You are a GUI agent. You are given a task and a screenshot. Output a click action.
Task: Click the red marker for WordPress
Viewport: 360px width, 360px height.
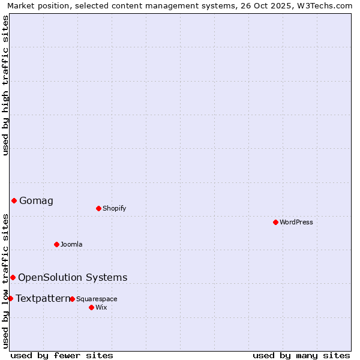(275, 222)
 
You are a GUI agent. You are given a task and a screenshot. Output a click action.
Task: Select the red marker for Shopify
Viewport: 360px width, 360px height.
(98, 208)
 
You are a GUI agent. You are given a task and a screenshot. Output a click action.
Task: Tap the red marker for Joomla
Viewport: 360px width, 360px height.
(56, 244)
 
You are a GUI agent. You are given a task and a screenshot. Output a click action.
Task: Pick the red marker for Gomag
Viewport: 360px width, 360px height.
(14, 200)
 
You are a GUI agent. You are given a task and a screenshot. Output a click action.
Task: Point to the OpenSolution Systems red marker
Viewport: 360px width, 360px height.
(13, 277)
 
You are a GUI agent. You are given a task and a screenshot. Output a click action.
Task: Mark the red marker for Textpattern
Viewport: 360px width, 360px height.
(10, 298)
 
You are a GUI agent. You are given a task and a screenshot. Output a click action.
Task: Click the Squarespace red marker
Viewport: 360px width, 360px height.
(72, 299)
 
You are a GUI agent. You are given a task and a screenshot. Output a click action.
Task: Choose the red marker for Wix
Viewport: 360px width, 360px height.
(91, 307)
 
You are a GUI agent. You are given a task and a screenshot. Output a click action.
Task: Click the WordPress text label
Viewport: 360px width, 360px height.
(296, 222)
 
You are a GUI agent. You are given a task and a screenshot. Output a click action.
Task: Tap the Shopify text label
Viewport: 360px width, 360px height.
(114, 208)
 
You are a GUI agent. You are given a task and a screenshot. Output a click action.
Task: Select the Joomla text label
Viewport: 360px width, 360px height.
(71, 244)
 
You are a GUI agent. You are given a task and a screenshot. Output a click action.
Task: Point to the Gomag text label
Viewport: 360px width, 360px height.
(36, 200)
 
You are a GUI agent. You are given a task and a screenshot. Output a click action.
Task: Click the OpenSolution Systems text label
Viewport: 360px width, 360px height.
(73, 277)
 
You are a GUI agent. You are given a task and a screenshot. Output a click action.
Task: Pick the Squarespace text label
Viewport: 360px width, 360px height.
(97, 299)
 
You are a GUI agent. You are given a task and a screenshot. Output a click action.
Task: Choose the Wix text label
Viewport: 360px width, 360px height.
(101, 307)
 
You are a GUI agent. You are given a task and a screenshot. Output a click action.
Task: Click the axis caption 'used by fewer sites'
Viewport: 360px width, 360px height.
(62, 355)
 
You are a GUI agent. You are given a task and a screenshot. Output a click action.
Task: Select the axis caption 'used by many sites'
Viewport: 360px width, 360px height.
(301, 355)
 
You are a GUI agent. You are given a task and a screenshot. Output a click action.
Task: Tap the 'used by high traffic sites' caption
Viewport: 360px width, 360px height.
(5, 85)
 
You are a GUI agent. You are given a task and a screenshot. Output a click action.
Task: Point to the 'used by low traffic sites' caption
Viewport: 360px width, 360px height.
(5, 281)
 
